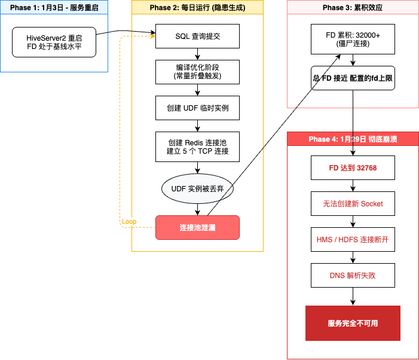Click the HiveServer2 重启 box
(x=54, y=42)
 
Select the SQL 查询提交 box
(x=197, y=36)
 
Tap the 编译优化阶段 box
(x=197, y=72)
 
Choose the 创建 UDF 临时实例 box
(x=197, y=108)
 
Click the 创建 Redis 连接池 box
(x=197, y=147)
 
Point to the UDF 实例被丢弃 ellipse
(x=197, y=189)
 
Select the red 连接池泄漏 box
(x=197, y=227)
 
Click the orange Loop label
(x=129, y=222)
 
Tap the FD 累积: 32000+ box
(x=353, y=39)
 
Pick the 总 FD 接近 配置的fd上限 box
(x=353, y=78)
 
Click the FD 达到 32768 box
(x=353, y=168)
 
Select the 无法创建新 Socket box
(x=353, y=203)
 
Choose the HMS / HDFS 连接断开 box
(x=353, y=239)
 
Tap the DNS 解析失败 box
(x=353, y=275)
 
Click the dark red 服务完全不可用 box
(x=353, y=323)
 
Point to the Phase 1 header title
(x=54, y=8)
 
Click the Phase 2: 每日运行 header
(x=197, y=8)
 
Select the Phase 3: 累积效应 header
(x=353, y=8)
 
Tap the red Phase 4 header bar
(x=353, y=139)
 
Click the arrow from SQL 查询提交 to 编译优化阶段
(x=197, y=54)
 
